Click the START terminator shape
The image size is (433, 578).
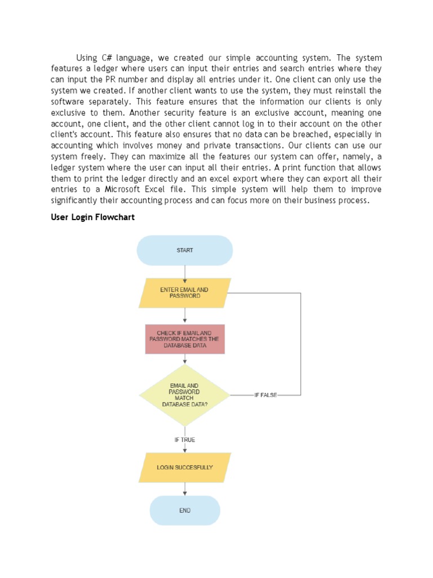pyautogui.click(x=184, y=250)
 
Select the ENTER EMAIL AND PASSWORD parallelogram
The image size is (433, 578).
pyautogui.click(x=184, y=293)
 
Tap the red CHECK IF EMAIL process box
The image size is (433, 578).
pyautogui.click(x=184, y=339)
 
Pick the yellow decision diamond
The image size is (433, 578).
pyautogui.click(x=184, y=395)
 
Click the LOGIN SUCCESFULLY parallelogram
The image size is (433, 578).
pyautogui.click(x=184, y=467)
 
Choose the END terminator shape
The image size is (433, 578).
pyautogui.click(x=184, y=510)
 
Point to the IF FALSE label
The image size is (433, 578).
pyautogui.click(x=266, y=395)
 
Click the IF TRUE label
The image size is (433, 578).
pyautogui.click(x=184, y=440)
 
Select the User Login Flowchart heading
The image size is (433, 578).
pyautogui.click(x=93, y=217)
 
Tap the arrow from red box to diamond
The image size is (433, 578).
pyautogui.click(x=184, y=359)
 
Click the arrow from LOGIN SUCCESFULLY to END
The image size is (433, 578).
pyautogui.click(x=184, y=489)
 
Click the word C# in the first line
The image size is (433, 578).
pyautogui.click(x=108, y=58)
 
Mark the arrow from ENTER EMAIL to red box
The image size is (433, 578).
pyautogui.click(x=184, y=316)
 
